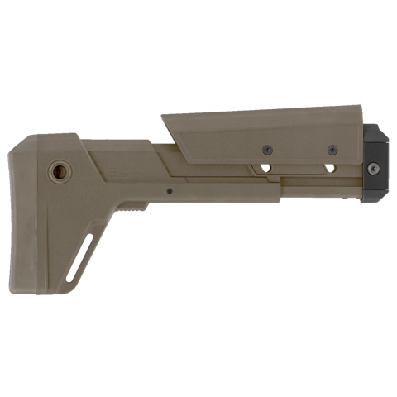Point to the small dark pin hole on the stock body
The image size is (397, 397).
169,190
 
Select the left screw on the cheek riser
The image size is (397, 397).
267,149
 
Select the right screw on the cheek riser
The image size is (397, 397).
332,149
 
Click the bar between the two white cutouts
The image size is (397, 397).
298,169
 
